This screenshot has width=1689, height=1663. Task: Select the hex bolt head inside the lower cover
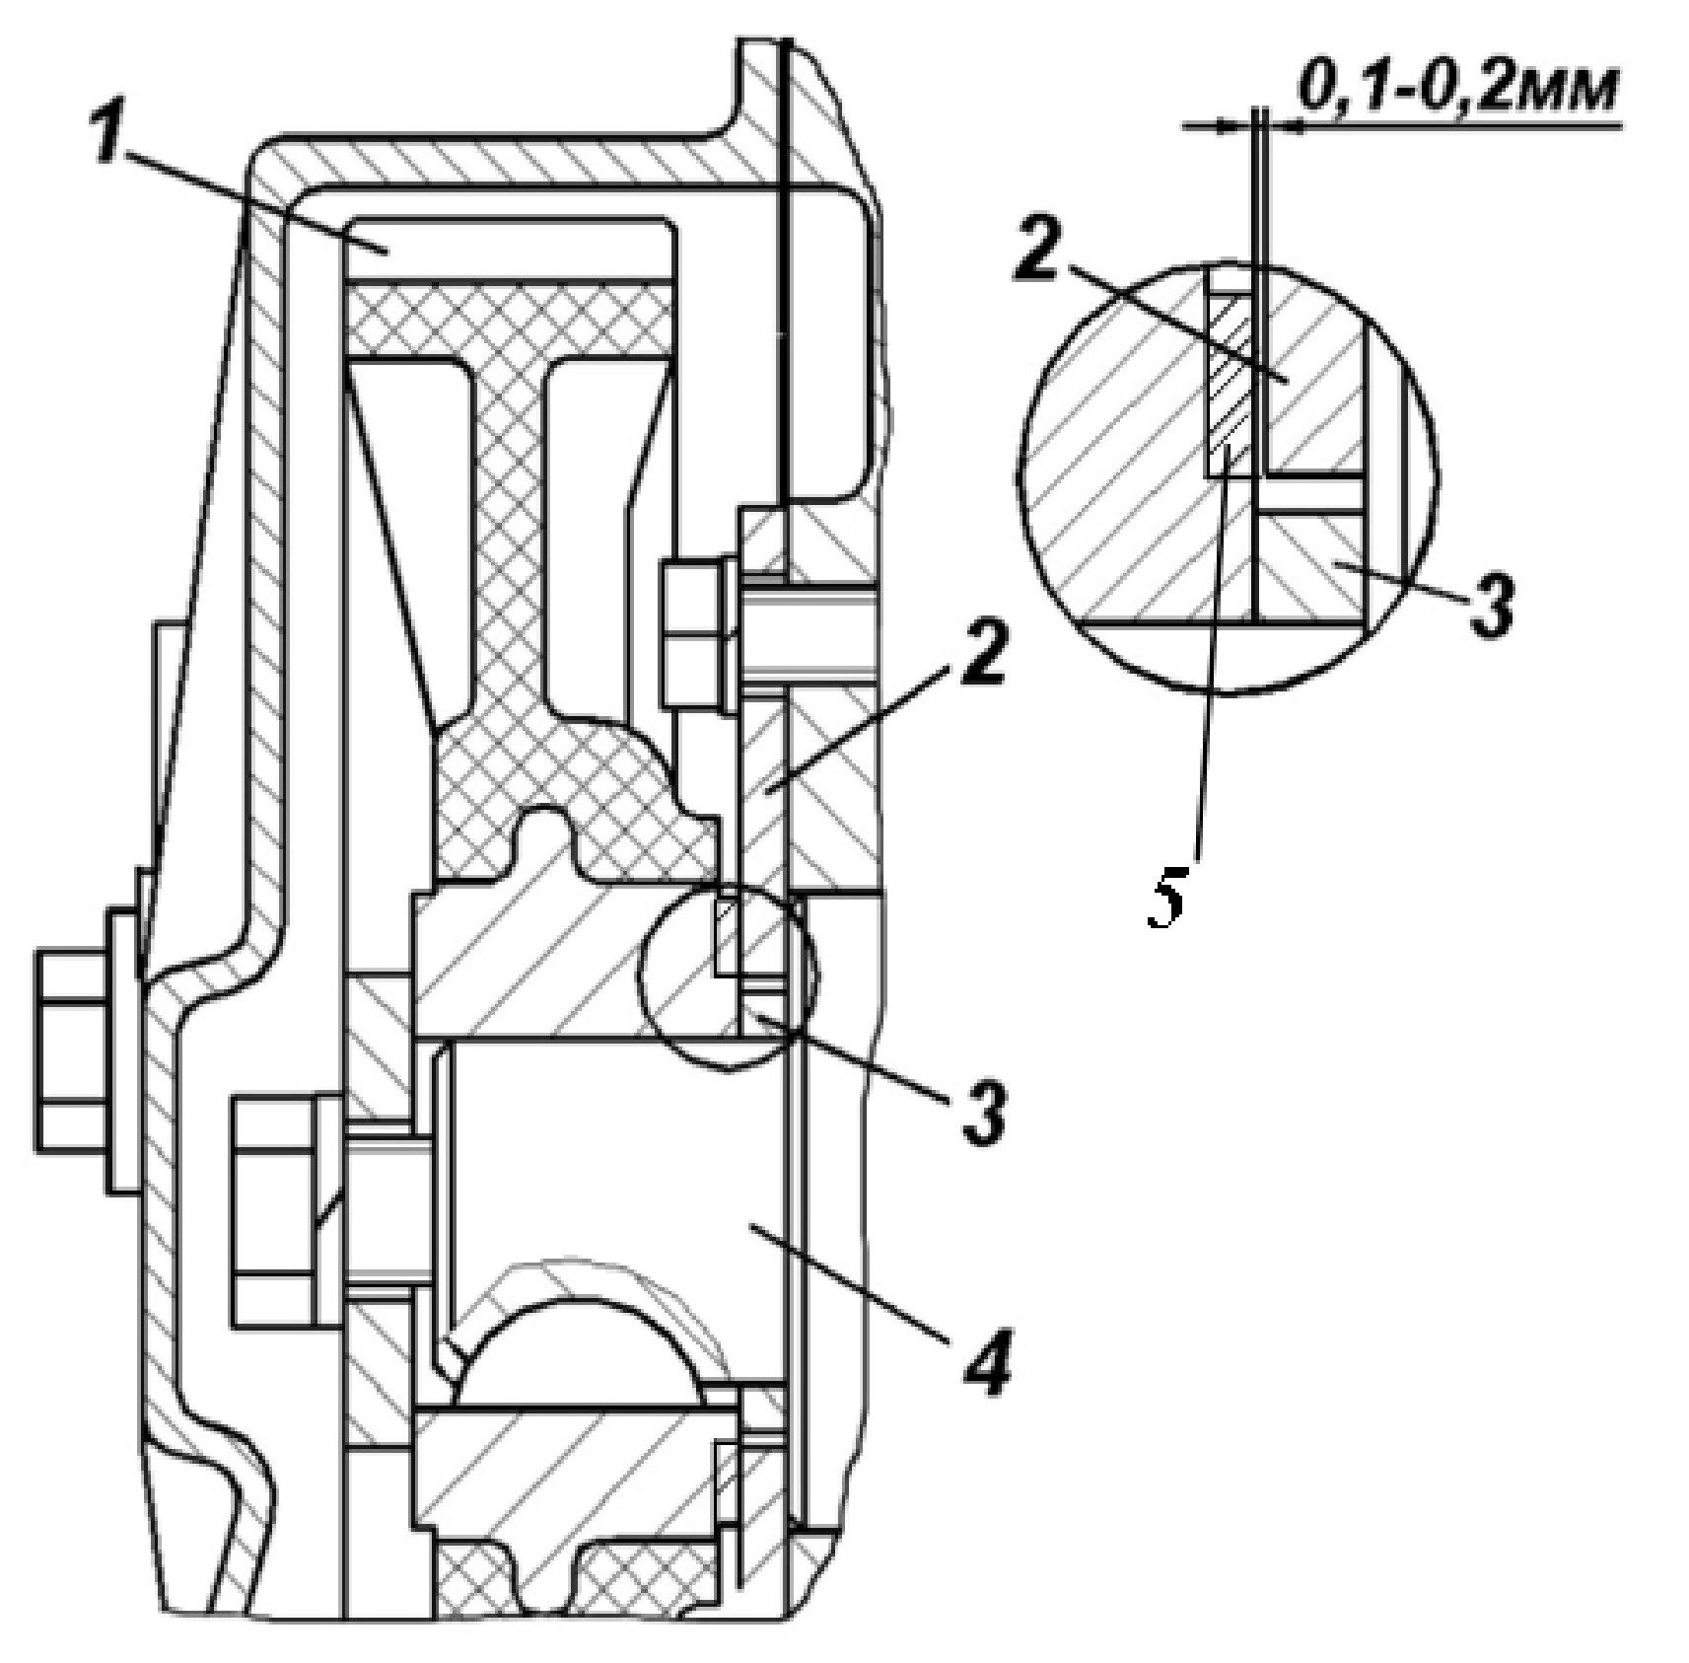click(x=275, y=1208)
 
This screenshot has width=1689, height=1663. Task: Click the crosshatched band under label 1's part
click(x=510, y=319)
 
